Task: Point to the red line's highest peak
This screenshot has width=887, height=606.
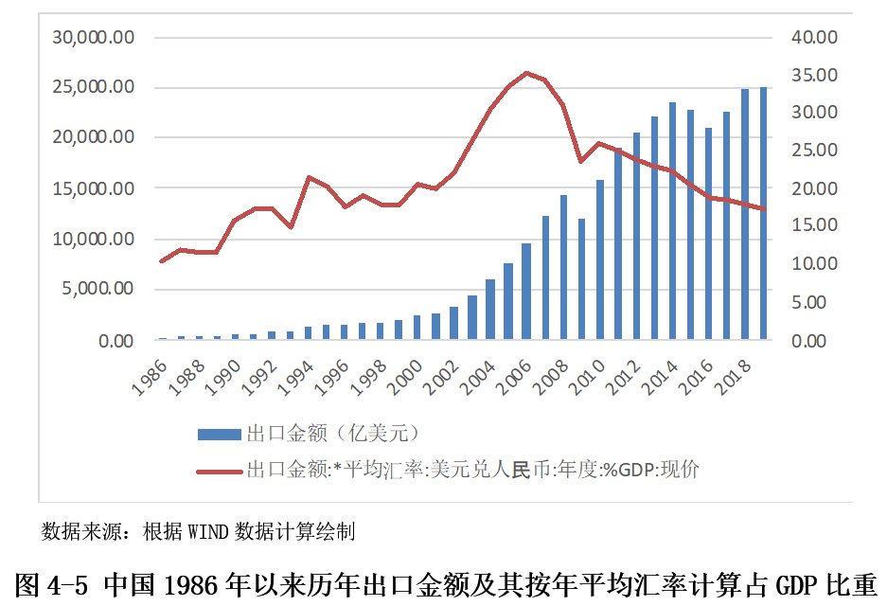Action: pyautogui.click(x=526, y=73)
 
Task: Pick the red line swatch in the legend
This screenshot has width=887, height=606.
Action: pyautogui.click(x=218, y=470)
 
